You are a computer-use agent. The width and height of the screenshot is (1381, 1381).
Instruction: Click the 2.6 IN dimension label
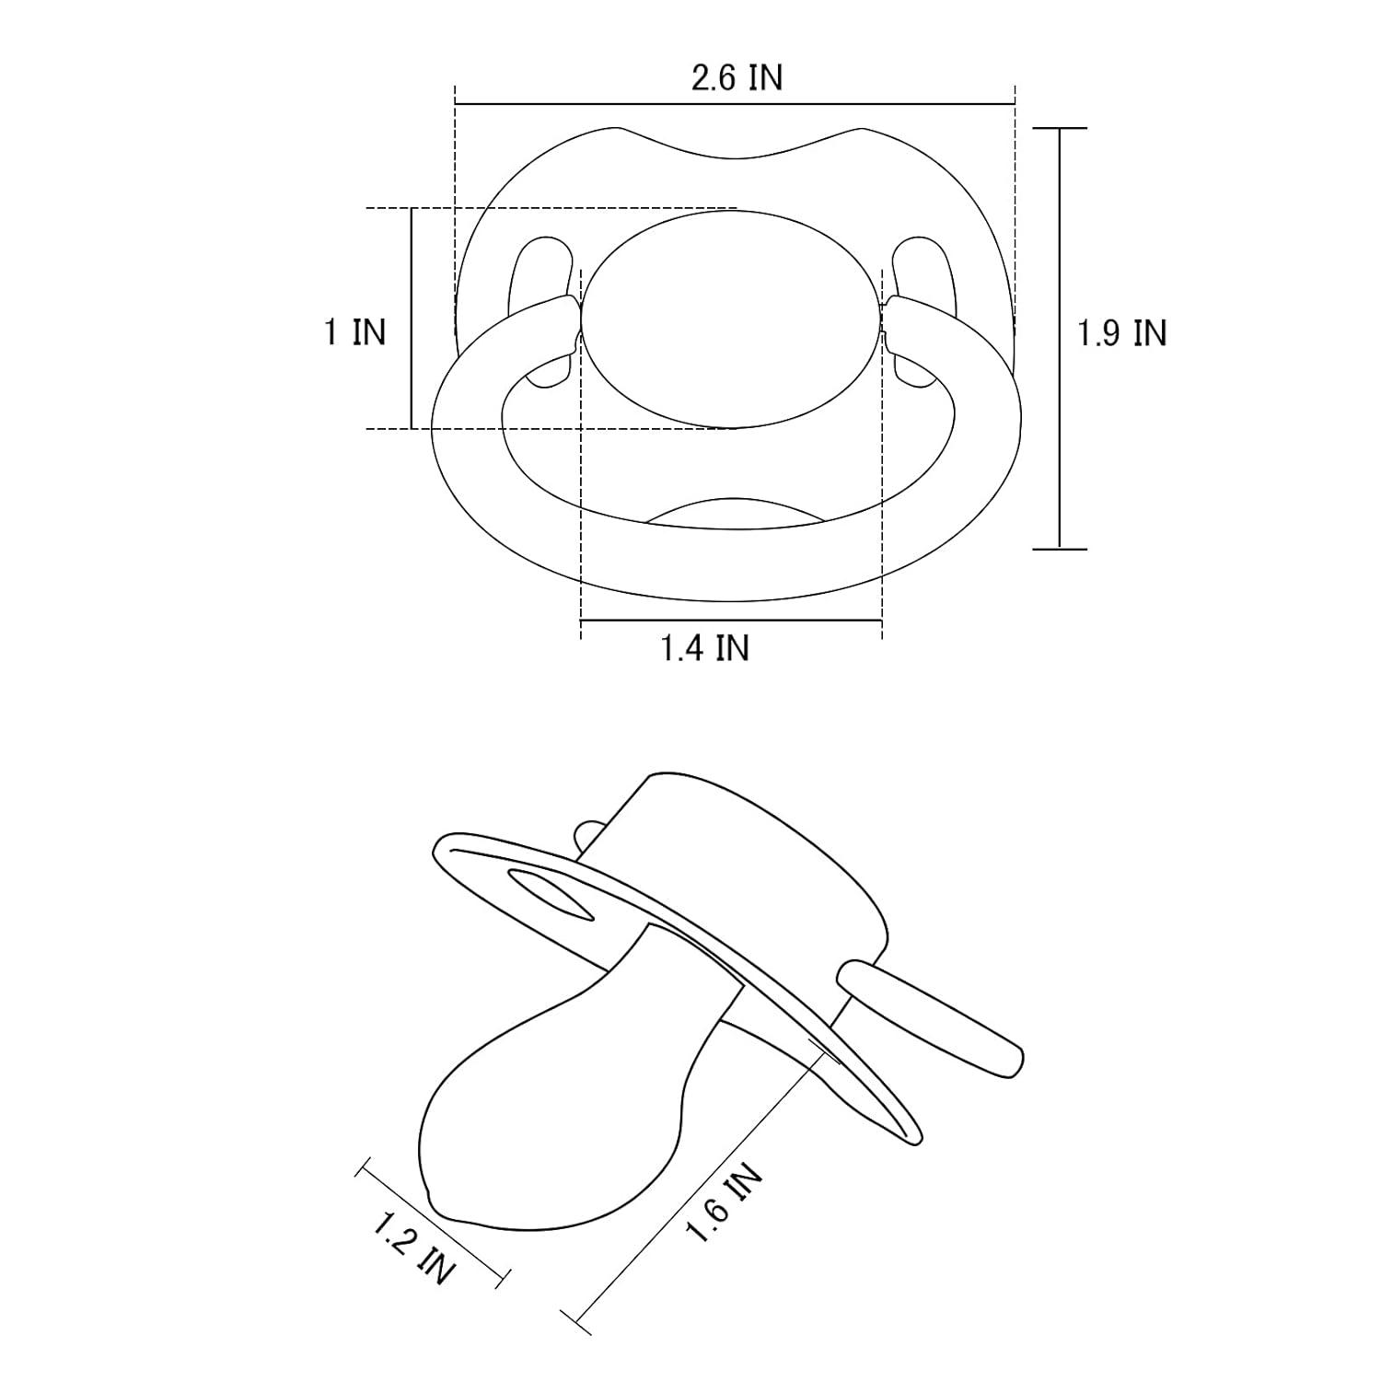point(737,78)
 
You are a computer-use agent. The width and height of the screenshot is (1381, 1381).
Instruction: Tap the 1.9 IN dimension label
point(1122,332)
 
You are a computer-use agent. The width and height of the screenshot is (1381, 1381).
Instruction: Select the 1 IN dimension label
point(354,331)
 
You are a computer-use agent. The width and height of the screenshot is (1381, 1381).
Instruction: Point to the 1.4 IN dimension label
point(705,647)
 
